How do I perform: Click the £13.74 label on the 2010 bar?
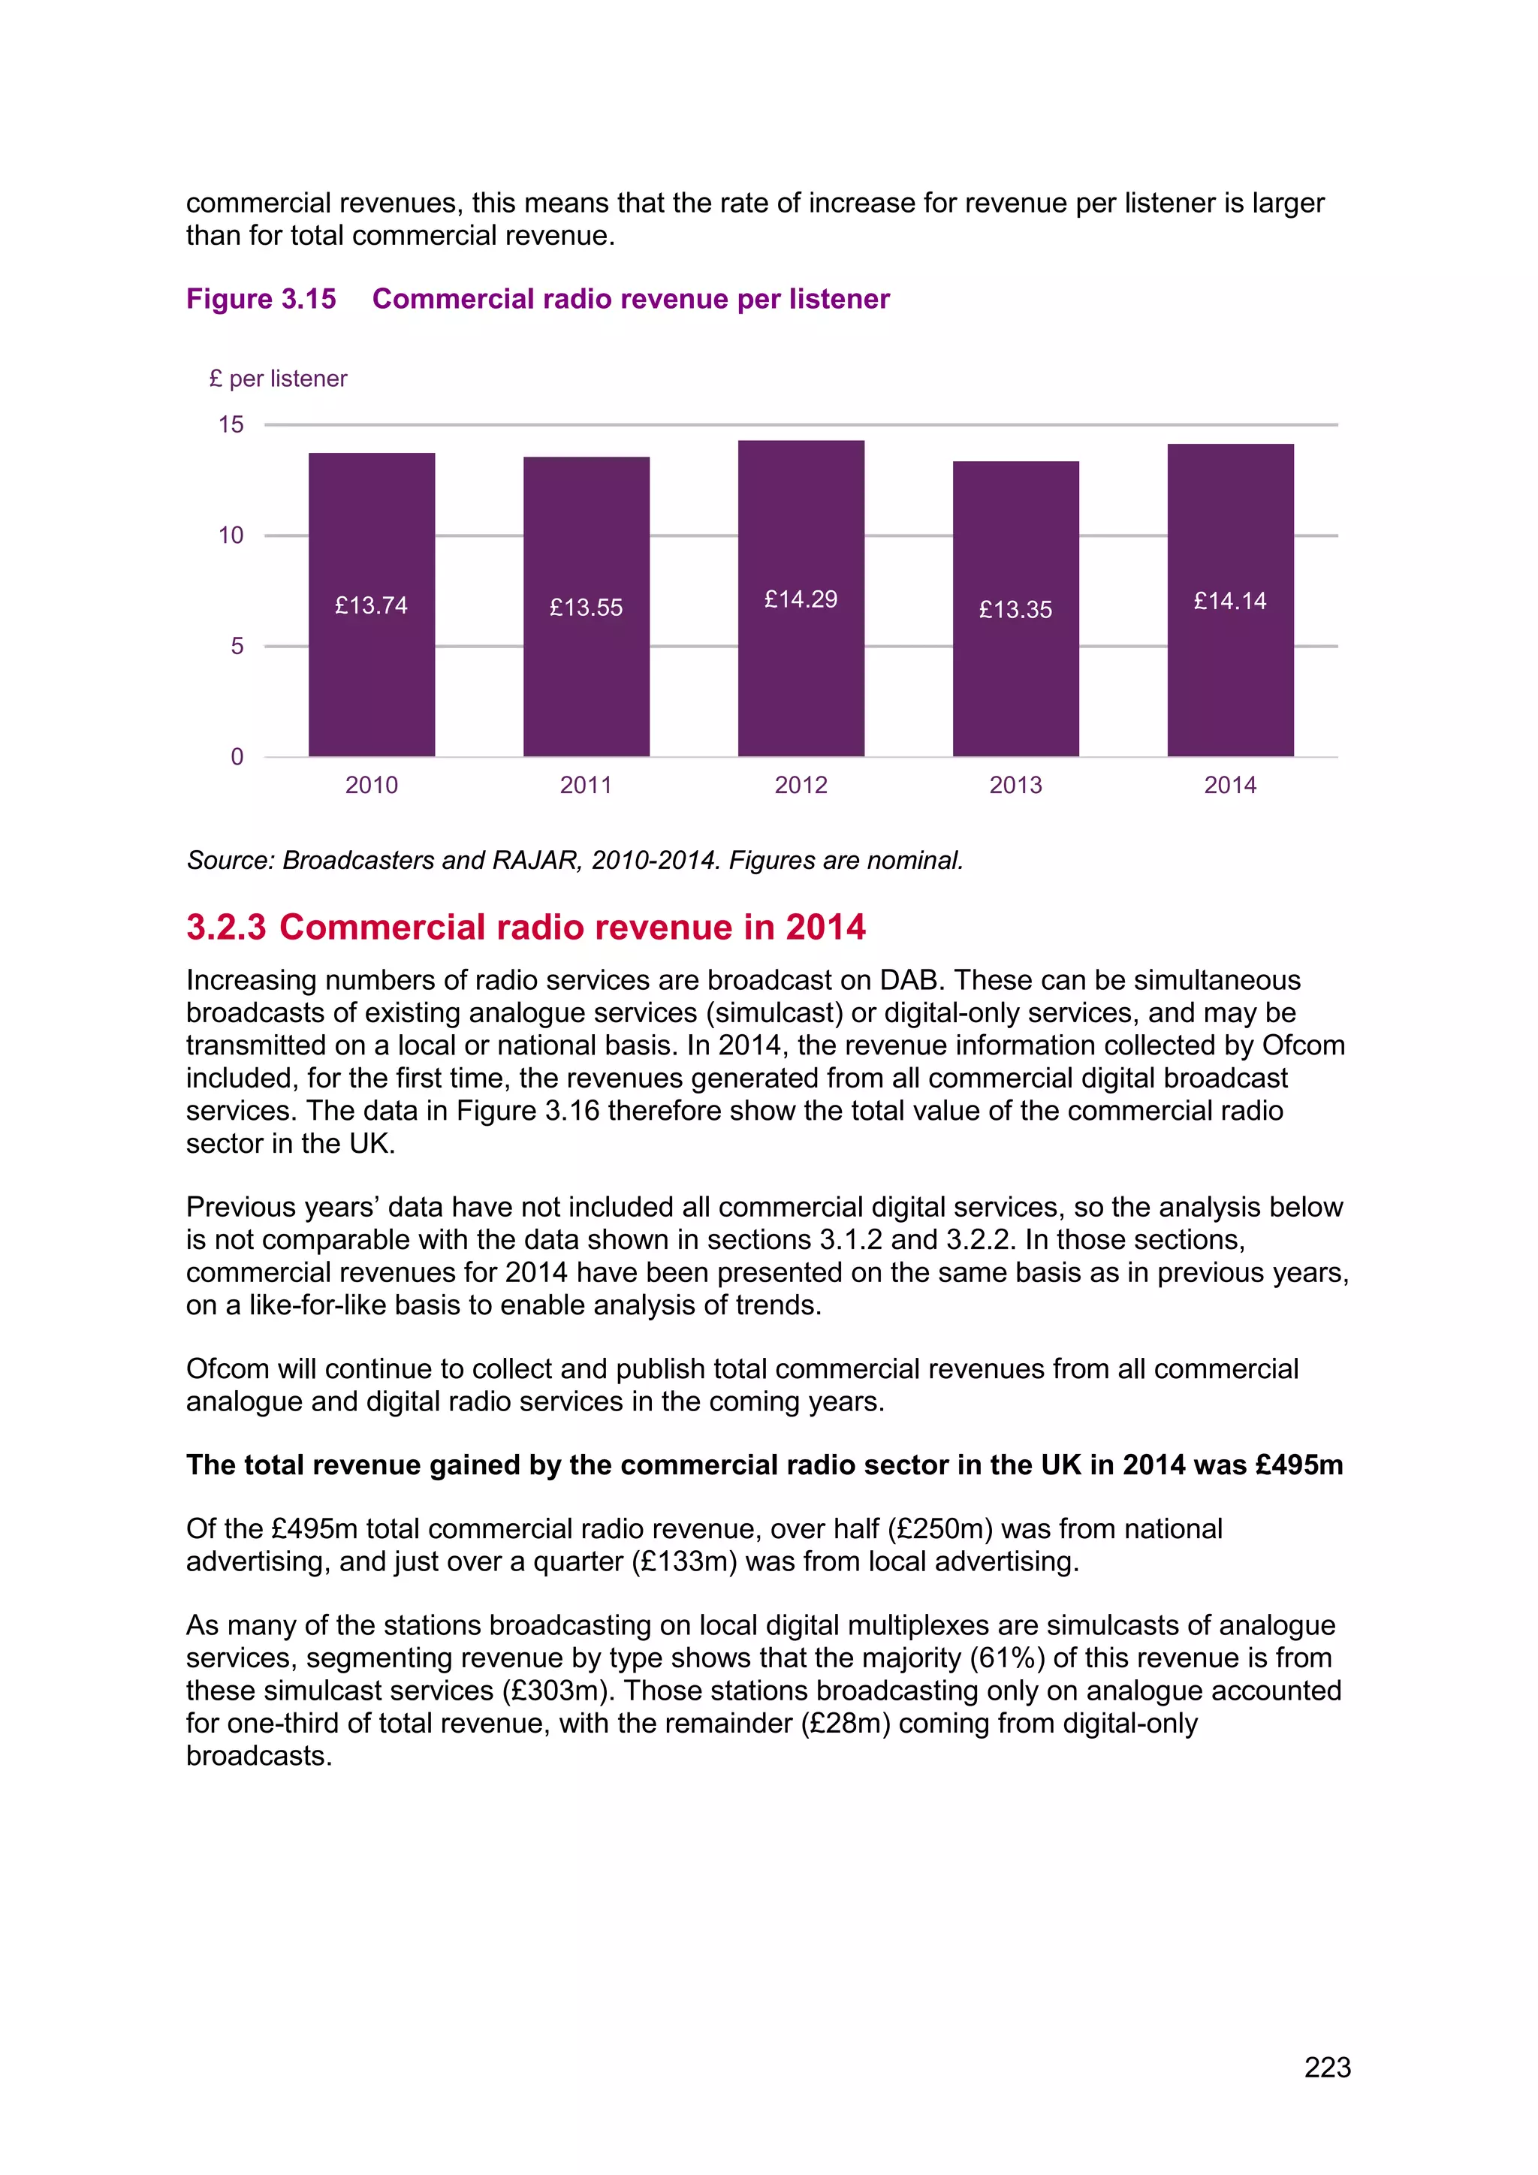pyautogui.click(x=371, y=605)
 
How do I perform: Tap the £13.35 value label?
pyautogui.click(x=1015, y=610)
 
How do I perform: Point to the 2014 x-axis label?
pyautogui.click(x=1230, y=786)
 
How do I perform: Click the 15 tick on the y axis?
pyautogui.click(x=231, y=424)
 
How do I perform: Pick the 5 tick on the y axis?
pyautogui.click(x=237, y=646)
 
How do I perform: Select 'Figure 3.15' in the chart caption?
pyautogui.click(x=261, y=300)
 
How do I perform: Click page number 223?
pyautogui.click(x=1327, y=2067)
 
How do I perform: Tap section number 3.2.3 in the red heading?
pyautogui.click(x=226, y=928)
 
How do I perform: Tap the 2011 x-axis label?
pyautogui.click(x=587, y=786)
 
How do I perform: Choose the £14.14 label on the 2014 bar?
pyautogui.click(x=1230, y=602)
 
